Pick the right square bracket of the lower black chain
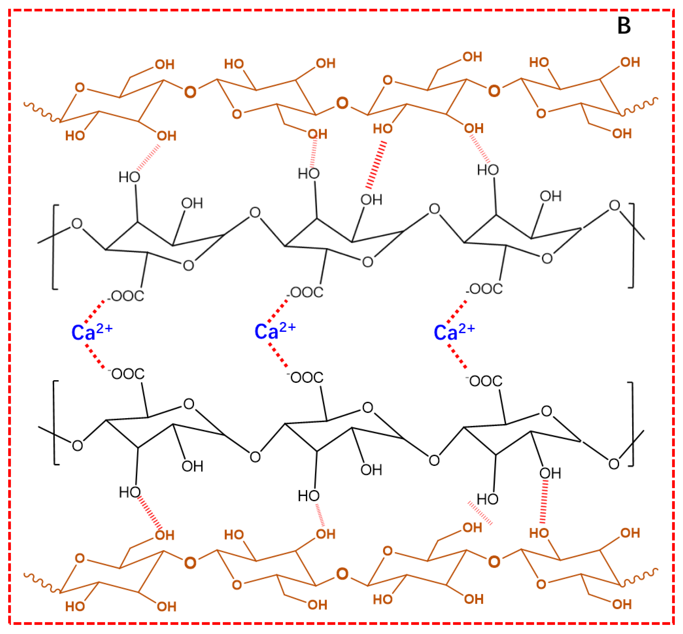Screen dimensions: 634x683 pyautogui.click(x=631, y=424)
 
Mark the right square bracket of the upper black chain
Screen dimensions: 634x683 pyautogui.click(x=632, y=246)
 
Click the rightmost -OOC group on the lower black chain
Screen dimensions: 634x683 pyautogui.click(x=484, y=381)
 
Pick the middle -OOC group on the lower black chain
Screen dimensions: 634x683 pyautogui.click(x=305, y=377)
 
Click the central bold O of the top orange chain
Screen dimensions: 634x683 pyautogui.click(x=342, y=103)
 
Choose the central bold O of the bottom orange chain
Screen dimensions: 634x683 pyautogui.click(x=342, y=574)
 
